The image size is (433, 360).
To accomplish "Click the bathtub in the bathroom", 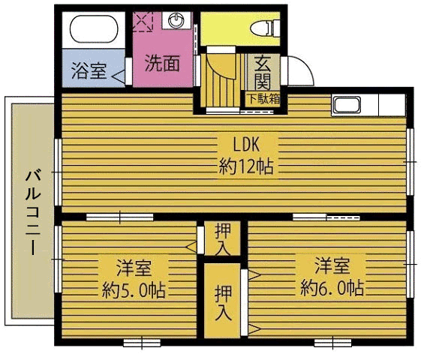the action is pyautogui.click(x=93, y=29).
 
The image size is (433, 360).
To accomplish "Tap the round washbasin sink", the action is pyautogui.click(x=176, y=20).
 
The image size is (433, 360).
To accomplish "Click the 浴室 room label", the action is pyautogui.click(x=89, y=70).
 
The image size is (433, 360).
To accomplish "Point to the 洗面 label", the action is pyautogui.click(x=162, y=63).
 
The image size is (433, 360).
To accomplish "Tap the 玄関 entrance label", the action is pyautogui.click(x=263, y=73).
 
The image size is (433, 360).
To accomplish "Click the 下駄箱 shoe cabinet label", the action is pyautogui.click(x=263, y=99).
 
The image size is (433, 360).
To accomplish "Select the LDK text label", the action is pyautogui.click(x=246, y=145).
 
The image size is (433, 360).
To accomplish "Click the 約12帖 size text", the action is pyautogui.click(x=246, y=166).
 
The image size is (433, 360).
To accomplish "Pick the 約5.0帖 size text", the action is pyautogui.click(x=134, y=289).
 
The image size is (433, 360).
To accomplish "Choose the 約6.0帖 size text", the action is pyautogui.click(x=332, y=288).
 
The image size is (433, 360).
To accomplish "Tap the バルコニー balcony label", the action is pyautogui.click(x=33, y=212).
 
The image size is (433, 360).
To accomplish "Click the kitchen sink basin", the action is pyautogui.click(x=347, y=105).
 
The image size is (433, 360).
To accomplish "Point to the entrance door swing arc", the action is pyautogui.click(x=305, y=66).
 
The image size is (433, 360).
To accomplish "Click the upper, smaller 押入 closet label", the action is pyautogui.click(x=223, y=239).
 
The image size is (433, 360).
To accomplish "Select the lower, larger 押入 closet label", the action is pyautogui.click(x=223, y=303).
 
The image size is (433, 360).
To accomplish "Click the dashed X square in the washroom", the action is pyautogui.click(x=143, y=22).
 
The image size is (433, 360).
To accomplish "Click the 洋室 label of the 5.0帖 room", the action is pyautogui.click(x=134, y=267).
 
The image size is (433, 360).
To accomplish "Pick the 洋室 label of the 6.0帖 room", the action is pyautogui.click(x=332, y=265).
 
